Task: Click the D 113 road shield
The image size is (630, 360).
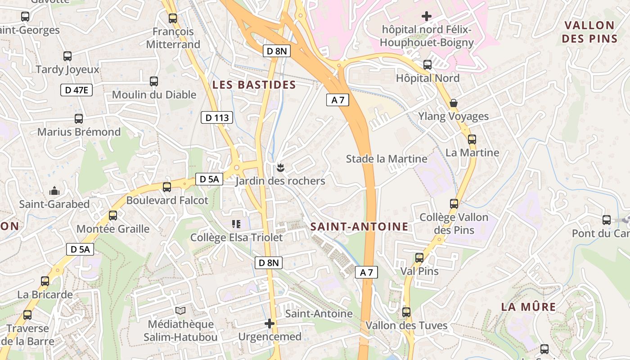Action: coord(217,118)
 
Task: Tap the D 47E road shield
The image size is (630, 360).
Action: coord(76,90)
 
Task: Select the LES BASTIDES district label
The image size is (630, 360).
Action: coord(254,85)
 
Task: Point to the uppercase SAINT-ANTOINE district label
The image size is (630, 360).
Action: coord(360,226)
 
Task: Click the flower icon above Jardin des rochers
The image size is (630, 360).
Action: coord(280,168)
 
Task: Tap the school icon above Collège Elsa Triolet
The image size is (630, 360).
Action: coord(236,224)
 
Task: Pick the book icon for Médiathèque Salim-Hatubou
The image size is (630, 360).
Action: coord(180,311)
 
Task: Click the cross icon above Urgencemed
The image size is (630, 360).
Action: coord(270,323)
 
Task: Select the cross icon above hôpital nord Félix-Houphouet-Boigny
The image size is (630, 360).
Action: coord(427,17)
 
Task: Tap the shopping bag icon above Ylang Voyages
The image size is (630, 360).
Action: coord(454,103)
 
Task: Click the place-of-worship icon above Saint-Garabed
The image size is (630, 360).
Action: coord(54,191)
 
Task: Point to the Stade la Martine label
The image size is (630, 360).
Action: coord(387,159)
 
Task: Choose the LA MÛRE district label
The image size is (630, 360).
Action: coord(529,307)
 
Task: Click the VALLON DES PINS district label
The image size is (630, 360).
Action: coord(589,31)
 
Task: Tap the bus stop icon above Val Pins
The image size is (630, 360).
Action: coord(419,258)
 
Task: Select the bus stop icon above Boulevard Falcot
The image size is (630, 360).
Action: coord(167,187)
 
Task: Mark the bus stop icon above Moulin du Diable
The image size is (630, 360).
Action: coord(154,81)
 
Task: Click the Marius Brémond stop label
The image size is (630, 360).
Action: coord(79,132)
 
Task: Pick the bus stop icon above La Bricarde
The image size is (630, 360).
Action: coord(45,281)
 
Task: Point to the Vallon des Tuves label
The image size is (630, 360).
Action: coord(406,325)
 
